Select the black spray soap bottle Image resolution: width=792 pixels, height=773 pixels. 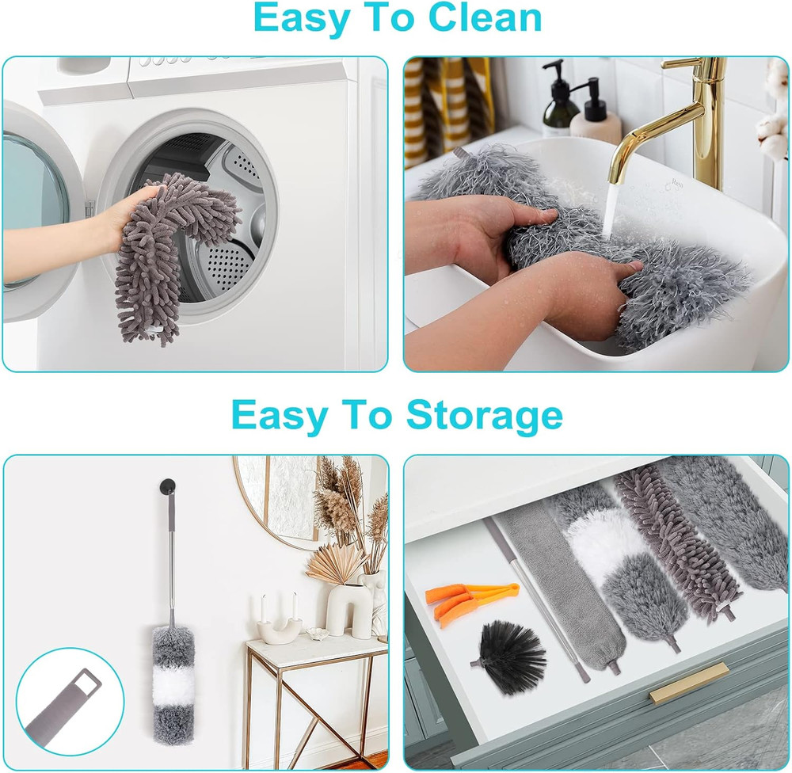pyautogui.click(x=561, y=99)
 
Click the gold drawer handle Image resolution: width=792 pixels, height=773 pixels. pyautogui.click(x=688, y=683)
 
